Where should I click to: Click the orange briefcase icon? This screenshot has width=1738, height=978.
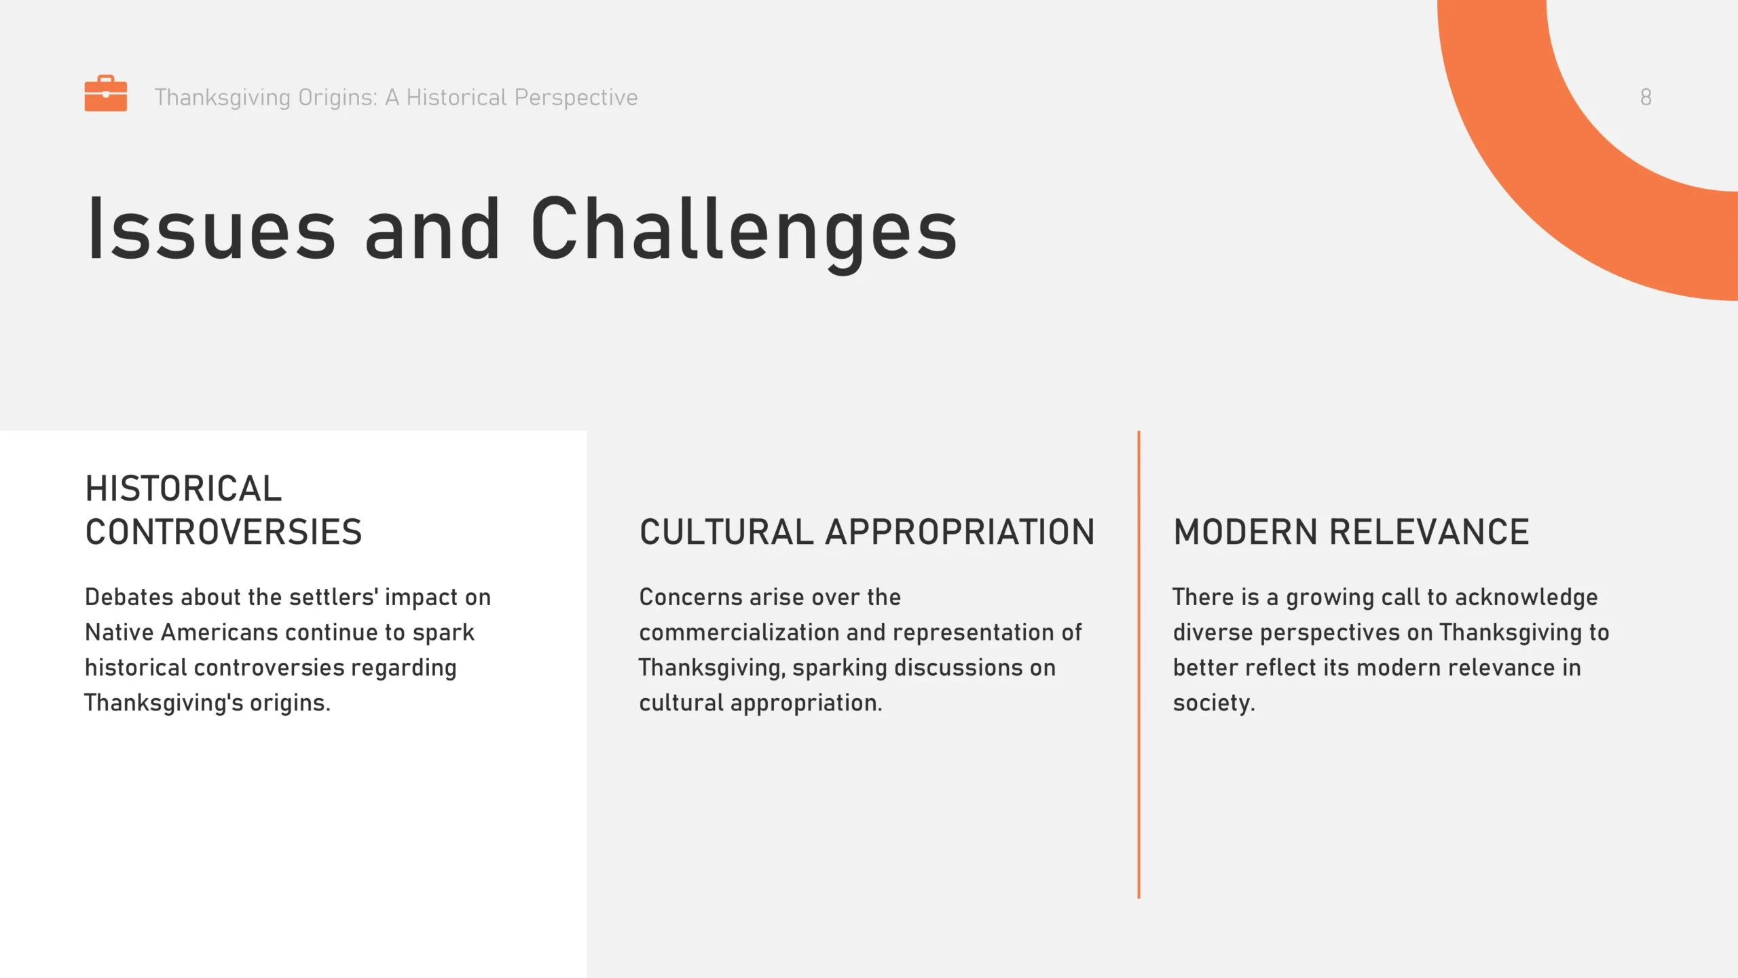(x=105, y=93)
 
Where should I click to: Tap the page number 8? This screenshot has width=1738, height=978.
(x=1646, y=97)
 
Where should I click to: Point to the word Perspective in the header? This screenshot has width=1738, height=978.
(x=576, y=98)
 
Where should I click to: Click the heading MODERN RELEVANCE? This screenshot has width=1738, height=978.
(x=1351, y=532)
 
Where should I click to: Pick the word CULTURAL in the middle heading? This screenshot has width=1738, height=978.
(x=726, y=532)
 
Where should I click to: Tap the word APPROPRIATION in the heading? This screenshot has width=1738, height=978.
(x=960, y=532)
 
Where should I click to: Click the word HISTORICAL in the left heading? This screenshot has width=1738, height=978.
(x=183, y=488)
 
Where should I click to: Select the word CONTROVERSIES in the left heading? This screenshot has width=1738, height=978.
(x=223, y=532)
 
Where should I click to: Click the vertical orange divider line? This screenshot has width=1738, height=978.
(x=1139, y=664)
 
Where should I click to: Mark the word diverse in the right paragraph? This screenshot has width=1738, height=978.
(x=1213, y=632)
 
